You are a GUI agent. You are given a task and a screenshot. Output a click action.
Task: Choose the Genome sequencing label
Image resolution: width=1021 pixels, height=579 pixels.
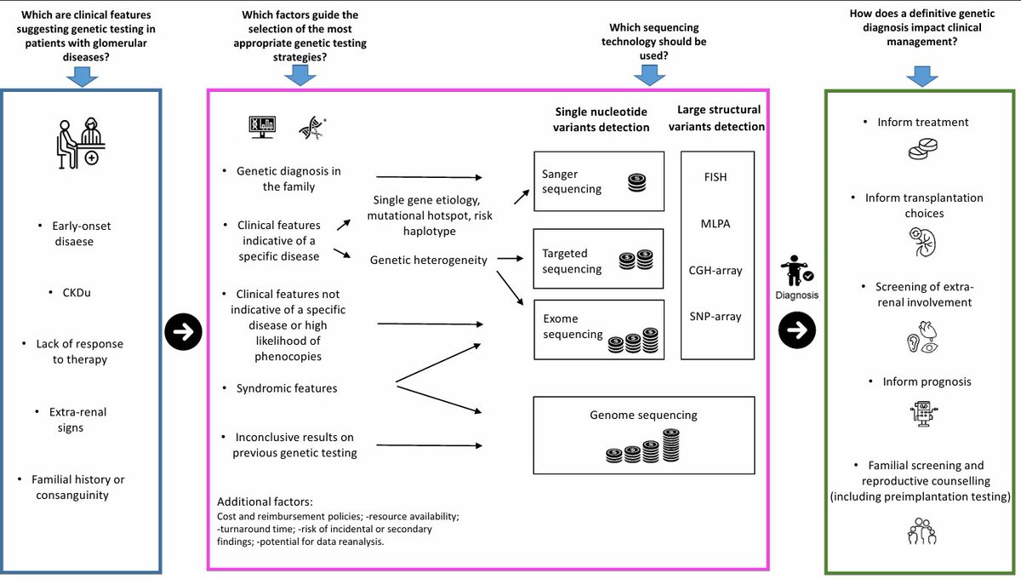643,415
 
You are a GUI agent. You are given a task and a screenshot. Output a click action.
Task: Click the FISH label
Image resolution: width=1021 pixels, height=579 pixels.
716,177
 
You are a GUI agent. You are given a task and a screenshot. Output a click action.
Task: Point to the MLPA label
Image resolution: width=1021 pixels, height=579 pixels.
716,224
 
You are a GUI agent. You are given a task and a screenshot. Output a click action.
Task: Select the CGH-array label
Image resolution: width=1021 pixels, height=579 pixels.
716,270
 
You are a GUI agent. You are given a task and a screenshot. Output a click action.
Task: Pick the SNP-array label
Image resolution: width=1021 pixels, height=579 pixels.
716,316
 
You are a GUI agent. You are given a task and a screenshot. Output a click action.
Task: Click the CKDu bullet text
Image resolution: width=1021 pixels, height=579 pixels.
77,292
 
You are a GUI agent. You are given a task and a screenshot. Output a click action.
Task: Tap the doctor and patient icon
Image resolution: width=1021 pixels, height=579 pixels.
81,143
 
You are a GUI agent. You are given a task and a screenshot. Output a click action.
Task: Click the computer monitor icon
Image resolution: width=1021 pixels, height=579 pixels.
262,127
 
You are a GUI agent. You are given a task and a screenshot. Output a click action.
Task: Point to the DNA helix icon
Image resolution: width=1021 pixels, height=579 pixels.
313,128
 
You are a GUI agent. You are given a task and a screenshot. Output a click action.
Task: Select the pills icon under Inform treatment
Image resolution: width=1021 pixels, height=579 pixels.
923,149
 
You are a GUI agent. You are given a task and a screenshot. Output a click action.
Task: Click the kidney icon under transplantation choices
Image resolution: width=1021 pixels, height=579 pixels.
922,243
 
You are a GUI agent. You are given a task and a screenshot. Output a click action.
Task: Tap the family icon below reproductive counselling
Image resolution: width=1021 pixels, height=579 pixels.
921,530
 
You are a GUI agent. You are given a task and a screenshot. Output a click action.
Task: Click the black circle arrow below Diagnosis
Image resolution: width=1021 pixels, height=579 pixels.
796,330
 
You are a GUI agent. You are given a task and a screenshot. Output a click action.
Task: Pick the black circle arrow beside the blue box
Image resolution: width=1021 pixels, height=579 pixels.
183,332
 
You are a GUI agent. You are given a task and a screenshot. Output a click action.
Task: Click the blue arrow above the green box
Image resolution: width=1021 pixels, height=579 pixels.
922,76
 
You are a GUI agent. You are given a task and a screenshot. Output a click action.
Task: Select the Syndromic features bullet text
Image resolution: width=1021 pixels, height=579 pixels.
287,388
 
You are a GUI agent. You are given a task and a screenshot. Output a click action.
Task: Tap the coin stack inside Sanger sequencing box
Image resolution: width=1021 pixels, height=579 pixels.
636,182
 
